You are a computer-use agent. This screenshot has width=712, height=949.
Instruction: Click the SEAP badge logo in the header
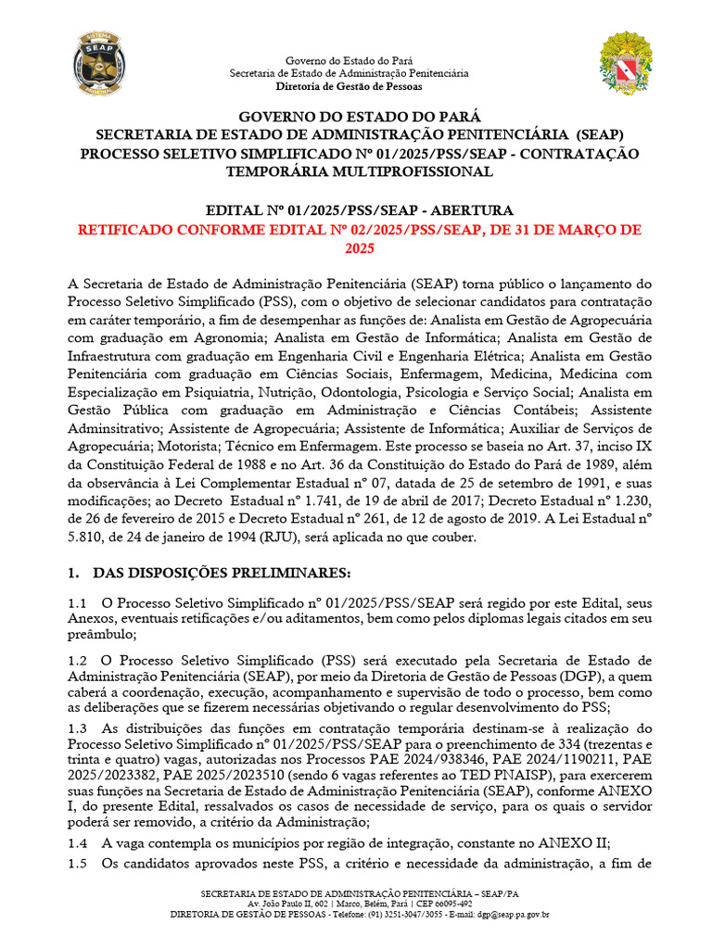pos(95,62)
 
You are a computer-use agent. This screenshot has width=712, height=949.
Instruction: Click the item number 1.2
pos(78,660)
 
